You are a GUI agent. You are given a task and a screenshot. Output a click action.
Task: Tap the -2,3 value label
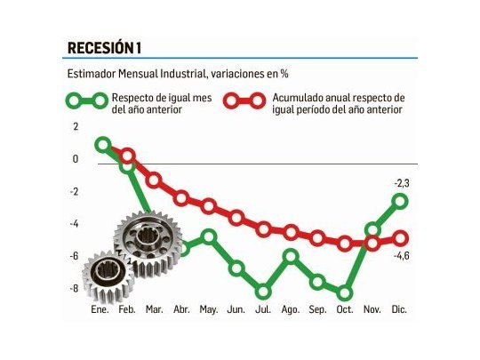(401, 182)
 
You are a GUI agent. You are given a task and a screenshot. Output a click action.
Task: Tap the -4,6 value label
(401, 256)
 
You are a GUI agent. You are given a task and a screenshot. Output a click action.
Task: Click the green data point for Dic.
(401, 201)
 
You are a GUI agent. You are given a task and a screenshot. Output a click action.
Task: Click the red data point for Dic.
(401, 237)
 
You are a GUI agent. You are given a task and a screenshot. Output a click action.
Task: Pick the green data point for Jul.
(263, 292)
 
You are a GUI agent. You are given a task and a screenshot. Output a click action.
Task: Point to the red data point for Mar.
(154, 180)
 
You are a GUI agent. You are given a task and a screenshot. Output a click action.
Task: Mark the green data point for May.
(209, 236)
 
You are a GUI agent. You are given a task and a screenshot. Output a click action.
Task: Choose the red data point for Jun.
(236, 217)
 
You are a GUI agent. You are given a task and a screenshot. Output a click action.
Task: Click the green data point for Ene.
(103, 144)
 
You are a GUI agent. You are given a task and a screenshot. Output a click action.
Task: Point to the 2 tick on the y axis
(76, 127)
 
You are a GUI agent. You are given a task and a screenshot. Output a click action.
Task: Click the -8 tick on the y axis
(74, 288)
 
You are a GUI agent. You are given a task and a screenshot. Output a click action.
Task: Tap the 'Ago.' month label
(291, 310)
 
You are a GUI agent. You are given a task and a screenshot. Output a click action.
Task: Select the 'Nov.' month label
(372, 310)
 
